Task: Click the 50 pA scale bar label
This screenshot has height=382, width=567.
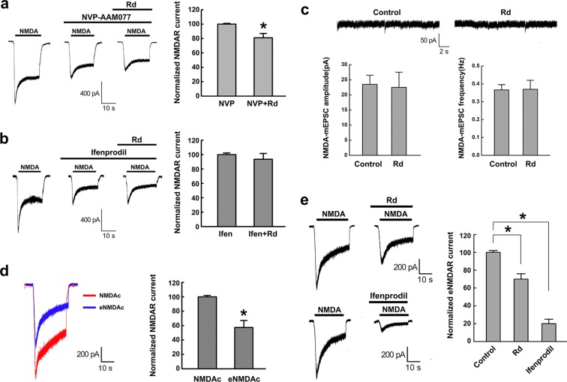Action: click(427, 38)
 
